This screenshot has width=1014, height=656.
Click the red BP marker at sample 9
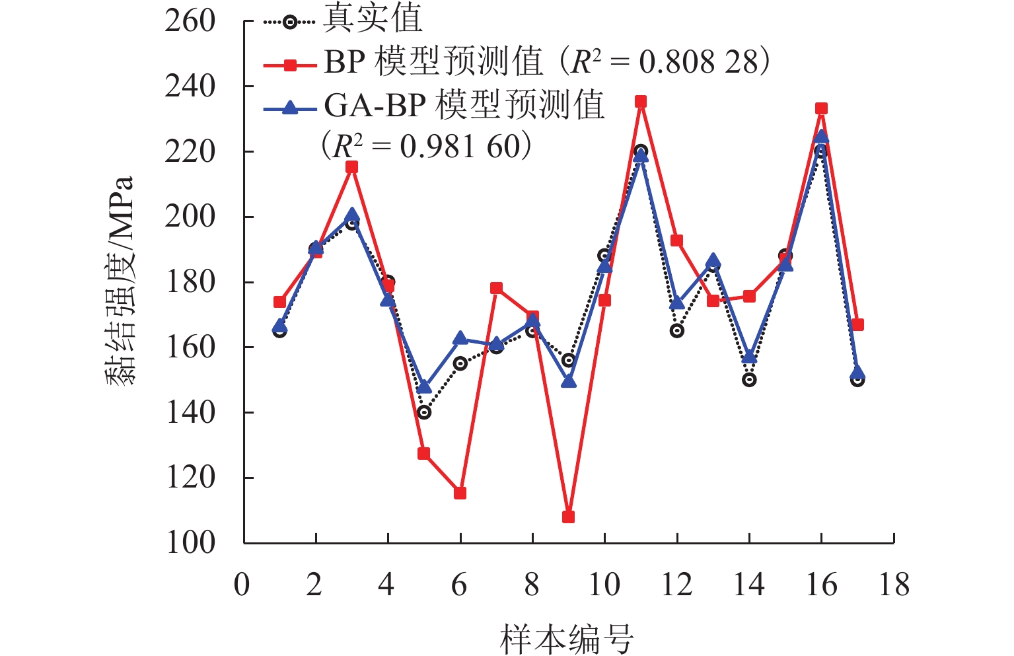(568, 517)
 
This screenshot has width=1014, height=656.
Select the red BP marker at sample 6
(460, 493)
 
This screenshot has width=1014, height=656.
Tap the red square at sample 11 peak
(640, 102)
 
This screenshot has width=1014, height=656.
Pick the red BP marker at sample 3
(351, 167)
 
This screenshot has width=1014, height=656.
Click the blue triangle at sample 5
(424, 387)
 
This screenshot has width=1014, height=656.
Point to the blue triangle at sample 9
(568, 381)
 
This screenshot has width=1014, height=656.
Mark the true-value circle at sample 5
(424, 412)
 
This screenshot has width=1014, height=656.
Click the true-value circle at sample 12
(676, 331)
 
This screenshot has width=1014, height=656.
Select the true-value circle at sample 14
(748, 380)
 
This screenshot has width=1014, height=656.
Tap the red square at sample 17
(857, 325)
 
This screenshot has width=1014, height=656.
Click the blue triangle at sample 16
(821, 136)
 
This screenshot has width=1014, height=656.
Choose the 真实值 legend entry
(372, 20)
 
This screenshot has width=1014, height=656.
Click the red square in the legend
(289, 64)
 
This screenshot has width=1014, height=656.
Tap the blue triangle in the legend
(289, 107)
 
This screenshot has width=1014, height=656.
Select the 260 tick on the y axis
(190, 21)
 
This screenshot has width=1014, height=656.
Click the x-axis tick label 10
(604, 585)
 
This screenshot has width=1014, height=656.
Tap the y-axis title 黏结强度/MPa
(120, 281)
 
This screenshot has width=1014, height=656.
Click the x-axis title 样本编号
(567, 638)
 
